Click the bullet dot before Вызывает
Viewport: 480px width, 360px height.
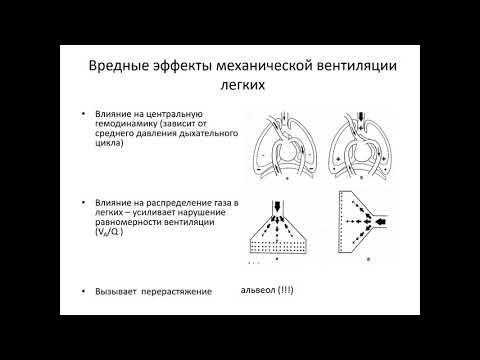coord(84,289)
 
